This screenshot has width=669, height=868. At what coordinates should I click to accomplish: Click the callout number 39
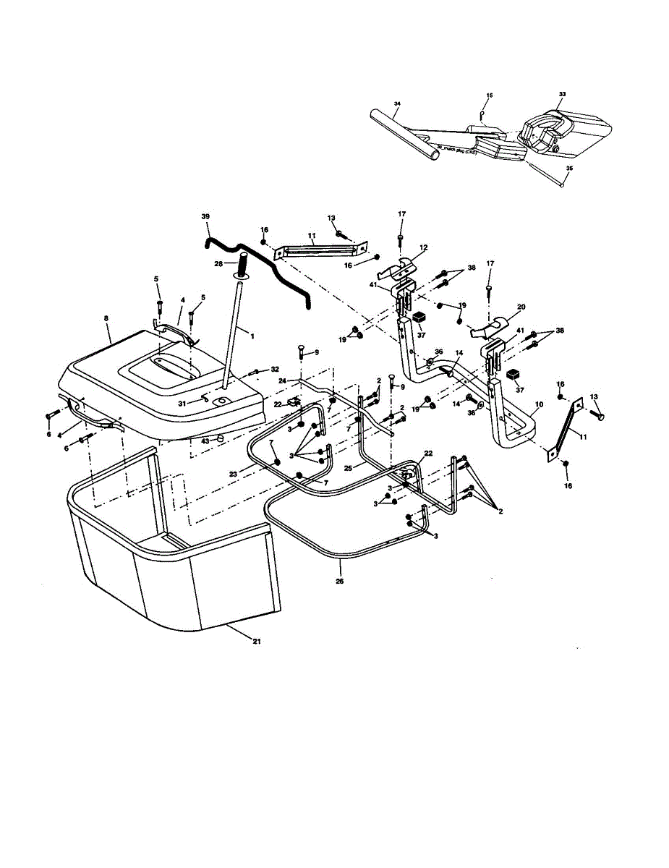(x=205, y=216)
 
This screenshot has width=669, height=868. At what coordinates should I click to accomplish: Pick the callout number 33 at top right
(x=563, y=94)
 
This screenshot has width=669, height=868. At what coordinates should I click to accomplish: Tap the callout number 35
(x=569, y=168)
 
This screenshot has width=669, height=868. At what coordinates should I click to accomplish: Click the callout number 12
(x=423, y=247)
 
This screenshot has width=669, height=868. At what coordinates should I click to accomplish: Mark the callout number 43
(x=205, y=441)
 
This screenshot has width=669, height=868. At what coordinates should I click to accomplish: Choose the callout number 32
(x=275, y=369)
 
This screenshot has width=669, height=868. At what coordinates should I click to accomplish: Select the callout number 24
(x=283, y=380)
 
